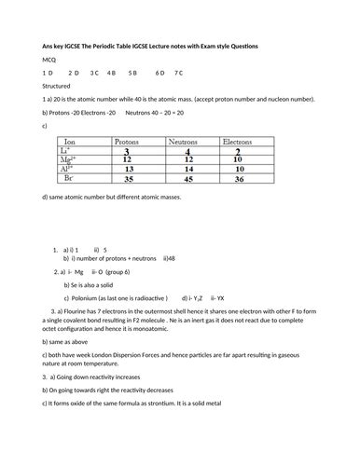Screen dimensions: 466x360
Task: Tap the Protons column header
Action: (x=127, y=142)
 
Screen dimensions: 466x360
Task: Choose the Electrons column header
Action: (x=243, y=142)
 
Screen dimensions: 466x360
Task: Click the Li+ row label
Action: (x=64, y=150)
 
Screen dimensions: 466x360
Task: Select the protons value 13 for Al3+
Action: (x=127, y=169)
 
